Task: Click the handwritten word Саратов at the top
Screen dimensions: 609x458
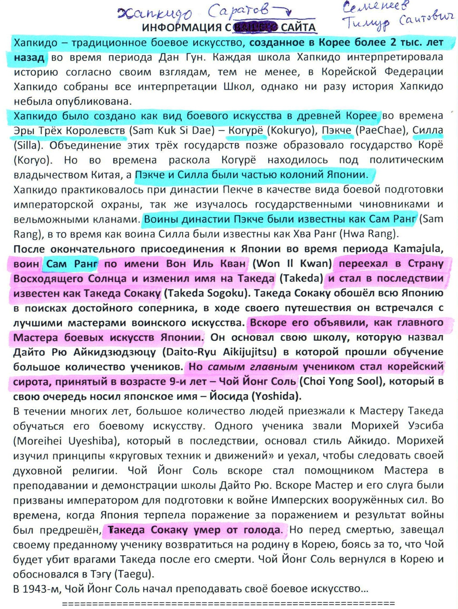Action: (x=238, y=12)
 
